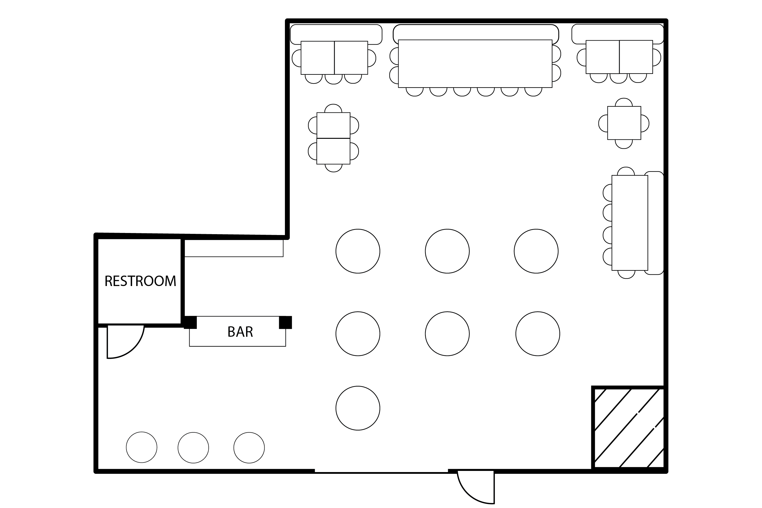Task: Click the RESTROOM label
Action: tap(140, 281)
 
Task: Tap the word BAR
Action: tap(240, 332)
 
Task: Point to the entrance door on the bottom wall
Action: tap(476, 487)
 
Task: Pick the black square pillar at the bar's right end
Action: tap(285, 322)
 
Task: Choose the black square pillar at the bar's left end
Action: tap(190, 322)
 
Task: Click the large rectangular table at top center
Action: tap(475, 63)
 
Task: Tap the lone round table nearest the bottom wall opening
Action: tap(358, 408)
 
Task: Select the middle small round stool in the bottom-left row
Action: tap(193, 448)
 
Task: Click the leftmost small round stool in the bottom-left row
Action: tap(141, 447)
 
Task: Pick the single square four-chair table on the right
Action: tap(624, 123)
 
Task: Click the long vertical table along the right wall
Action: tap(630, 223)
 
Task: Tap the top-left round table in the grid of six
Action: tap(358, 251)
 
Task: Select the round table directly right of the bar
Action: tap(358, 334)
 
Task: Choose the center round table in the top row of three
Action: tap(447, 251)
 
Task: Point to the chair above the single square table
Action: tap(624, 102)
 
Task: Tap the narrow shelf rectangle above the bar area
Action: tap(234, 248)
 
